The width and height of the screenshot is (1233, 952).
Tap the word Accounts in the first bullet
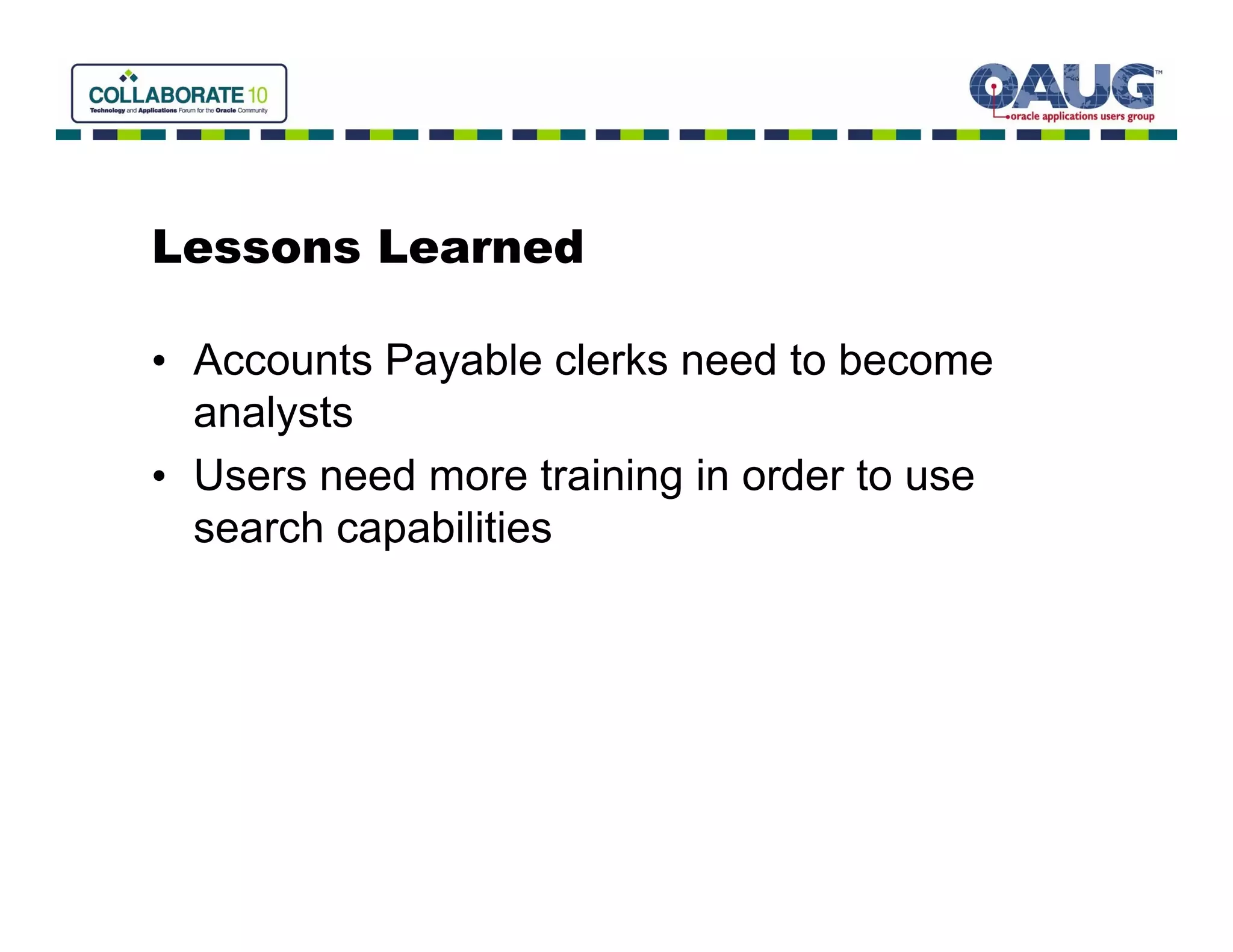282,360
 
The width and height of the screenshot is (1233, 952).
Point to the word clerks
610,360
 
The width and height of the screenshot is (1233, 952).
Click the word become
915,360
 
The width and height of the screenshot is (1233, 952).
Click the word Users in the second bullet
250,476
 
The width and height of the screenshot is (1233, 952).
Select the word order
792,476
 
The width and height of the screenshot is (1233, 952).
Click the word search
258,528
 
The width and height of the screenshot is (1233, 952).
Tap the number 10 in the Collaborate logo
257,95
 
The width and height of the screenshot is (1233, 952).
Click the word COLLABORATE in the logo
166,95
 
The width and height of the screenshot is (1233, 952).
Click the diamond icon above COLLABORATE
128,75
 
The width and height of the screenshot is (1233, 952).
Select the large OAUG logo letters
1062,87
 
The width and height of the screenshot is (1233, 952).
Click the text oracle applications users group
1082,116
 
